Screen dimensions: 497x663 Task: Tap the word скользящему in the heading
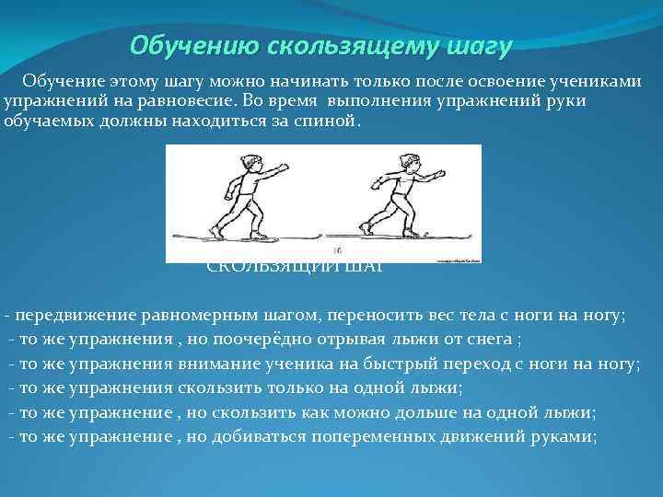(x=325, y=45)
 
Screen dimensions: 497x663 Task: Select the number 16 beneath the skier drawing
(x=337, y=250)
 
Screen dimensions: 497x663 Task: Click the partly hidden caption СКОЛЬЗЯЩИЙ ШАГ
(x=295, y=268)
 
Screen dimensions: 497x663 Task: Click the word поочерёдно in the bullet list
(x=296, y=339)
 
